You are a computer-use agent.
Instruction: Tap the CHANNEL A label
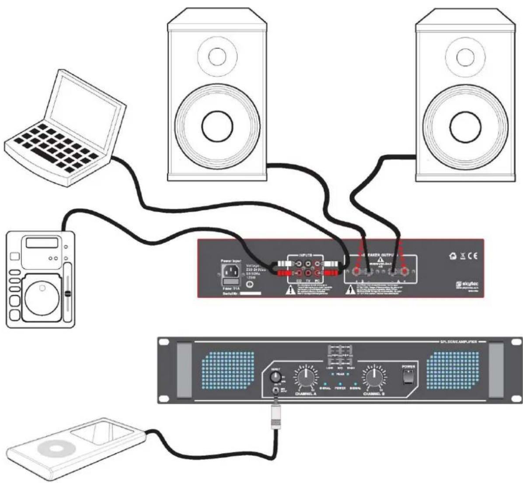(x=306, y=393)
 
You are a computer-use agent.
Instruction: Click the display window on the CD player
(x=42, y=242)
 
